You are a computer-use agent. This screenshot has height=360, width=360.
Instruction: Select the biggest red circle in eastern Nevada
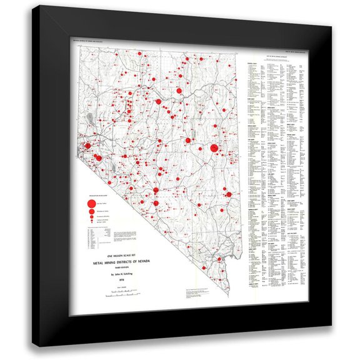tap(215, 149)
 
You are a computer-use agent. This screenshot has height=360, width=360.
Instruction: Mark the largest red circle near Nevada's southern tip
tap(219, 261)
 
